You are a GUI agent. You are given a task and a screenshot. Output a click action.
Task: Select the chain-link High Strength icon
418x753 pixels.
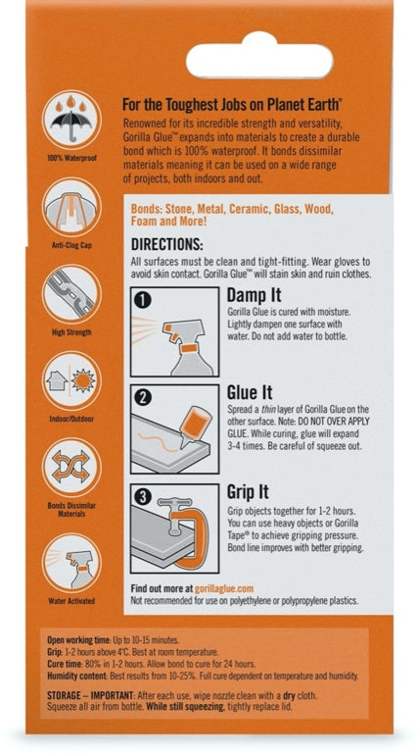71,294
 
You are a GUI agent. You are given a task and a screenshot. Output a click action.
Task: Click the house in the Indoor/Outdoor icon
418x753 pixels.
57,380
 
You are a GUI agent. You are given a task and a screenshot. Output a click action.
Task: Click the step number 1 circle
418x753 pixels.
143,300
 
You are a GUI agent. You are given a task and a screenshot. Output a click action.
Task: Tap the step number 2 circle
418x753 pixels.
143,398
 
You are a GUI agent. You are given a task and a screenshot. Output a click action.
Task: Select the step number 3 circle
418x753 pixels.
143,496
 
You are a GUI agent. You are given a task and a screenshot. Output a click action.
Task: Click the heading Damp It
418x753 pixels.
255,295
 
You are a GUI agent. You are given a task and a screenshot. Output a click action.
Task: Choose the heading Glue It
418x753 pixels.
250,393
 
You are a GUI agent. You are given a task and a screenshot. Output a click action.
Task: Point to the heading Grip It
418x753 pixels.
248,492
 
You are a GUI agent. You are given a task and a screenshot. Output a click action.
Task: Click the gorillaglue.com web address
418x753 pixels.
224,588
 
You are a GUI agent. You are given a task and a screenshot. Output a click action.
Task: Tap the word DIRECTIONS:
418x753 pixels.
166,244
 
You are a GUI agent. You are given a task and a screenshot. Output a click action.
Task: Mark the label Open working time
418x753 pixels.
78,640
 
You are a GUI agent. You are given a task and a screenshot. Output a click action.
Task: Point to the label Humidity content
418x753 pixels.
77,677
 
